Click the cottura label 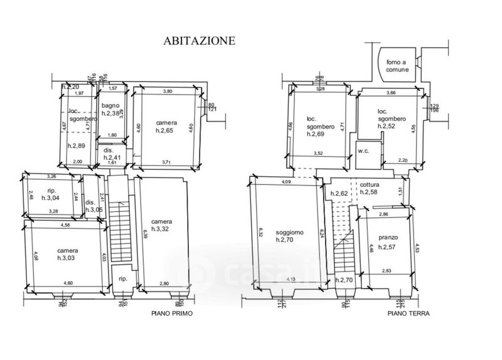370,184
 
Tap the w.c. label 363,151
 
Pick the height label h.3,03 67,258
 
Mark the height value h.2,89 77,145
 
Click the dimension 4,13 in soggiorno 290,278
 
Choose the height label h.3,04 52,198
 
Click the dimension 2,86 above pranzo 382,214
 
